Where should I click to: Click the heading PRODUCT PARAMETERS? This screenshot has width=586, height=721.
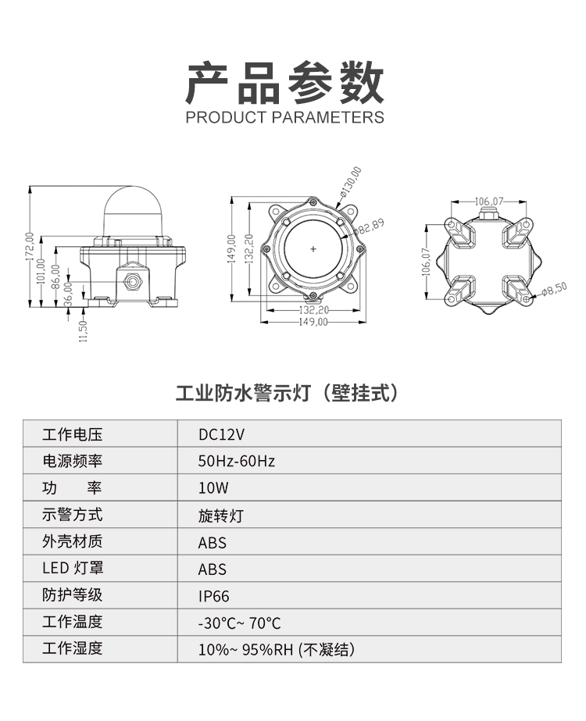tap(284, 117)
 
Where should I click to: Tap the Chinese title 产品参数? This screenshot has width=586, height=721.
tap(284, 84)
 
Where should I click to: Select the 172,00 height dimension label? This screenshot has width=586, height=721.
tap(30, 247)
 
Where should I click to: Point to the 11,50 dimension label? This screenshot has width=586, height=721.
tap(84, 331)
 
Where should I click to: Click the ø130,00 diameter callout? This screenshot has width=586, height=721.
tap(351, 182)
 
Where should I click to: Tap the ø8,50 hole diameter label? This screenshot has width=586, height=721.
tap(554, 289)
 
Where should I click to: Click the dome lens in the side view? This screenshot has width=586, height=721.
tap(132, 212)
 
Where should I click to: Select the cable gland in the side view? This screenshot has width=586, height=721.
tap(133, 280)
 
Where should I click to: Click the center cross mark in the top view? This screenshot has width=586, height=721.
tap(313, 249)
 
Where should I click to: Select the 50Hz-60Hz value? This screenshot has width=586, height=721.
tap(237, 461)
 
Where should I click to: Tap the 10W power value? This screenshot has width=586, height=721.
tap(213, 488)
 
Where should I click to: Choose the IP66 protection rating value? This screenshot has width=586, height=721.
tap(213, 596)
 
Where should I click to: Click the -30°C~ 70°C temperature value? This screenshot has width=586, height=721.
tap(239, 623)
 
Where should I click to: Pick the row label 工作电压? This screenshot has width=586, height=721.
tap(72, 434)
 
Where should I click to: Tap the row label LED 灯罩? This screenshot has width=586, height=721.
tap(73, 568)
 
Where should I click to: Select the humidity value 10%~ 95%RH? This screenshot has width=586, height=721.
tap(245, 650)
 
